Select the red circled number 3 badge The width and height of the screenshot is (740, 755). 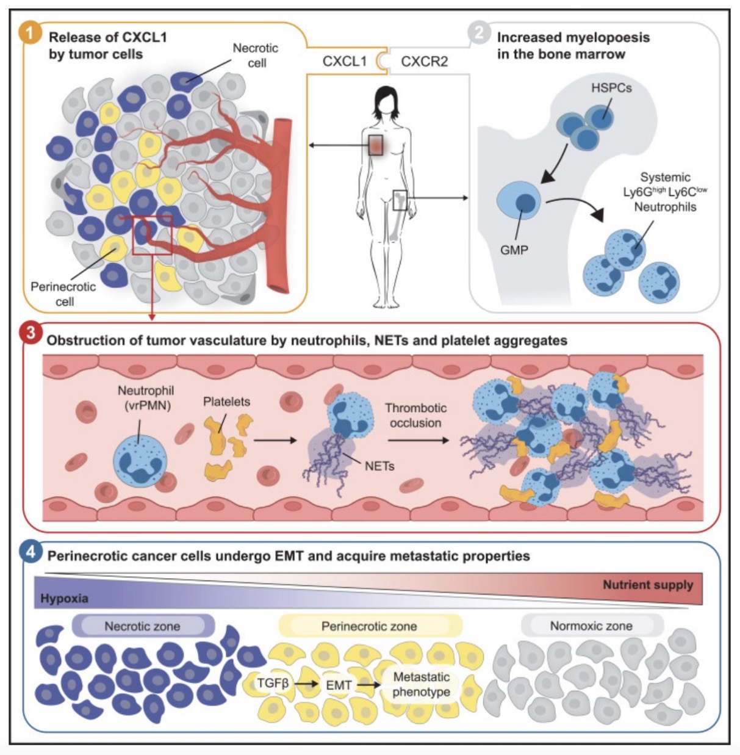pos(31,333)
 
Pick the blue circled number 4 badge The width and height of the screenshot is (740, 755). pos(31,552)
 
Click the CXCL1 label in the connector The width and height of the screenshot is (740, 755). pos(345,62)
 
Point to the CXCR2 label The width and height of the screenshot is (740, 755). pos(424,62)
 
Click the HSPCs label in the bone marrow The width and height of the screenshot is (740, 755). pos(611,88)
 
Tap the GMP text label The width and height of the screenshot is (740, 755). pos(514,250)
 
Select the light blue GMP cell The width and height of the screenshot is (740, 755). pos(519,200)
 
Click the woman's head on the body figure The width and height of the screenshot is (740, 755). pos(386,100)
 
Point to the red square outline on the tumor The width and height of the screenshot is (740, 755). pos(153,235)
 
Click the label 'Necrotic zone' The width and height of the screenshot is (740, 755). pos(142,626)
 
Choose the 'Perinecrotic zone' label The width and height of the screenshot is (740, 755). pos(369,626)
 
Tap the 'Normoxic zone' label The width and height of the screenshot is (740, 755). pos(591,626)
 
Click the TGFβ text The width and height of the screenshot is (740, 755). pos(273,683)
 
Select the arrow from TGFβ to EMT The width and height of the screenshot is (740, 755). pos(307,684)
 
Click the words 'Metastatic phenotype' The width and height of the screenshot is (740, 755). pos(421,684)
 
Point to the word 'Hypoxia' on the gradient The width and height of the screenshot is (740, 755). pos(64,599)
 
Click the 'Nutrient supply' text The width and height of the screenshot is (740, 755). pos(648,585)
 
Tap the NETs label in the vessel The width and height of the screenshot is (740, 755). pos(379,466)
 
